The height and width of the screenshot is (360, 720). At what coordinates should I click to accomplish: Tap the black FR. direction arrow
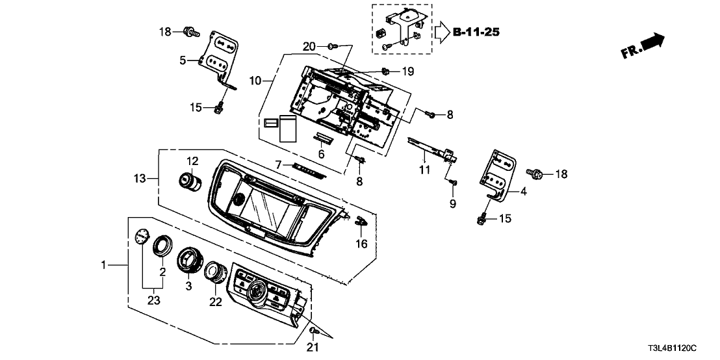tap(652, 42)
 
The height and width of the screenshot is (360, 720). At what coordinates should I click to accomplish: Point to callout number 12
tap(192, 161)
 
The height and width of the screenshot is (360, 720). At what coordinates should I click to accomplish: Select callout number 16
tap(362, 244)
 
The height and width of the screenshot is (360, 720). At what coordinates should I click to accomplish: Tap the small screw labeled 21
tap(313, 332)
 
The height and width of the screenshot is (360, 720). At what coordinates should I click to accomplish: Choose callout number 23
tap(153, 300)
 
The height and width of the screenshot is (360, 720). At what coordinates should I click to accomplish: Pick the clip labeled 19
tap(386, 70)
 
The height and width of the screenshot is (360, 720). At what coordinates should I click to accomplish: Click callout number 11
tap(424, 171)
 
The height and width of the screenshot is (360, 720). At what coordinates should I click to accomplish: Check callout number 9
tap(453, 204)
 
